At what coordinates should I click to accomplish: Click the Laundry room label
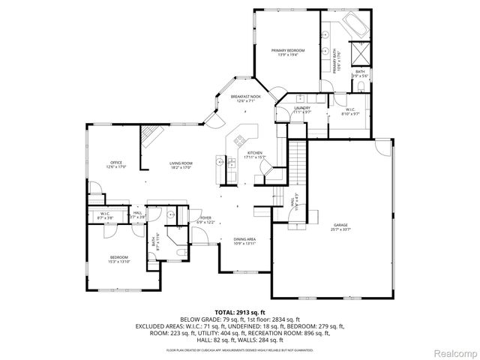point(301,110)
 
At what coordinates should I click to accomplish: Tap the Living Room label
point(181,164)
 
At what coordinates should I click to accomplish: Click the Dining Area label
point(244,240)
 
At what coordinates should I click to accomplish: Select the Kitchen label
point(256,154)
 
